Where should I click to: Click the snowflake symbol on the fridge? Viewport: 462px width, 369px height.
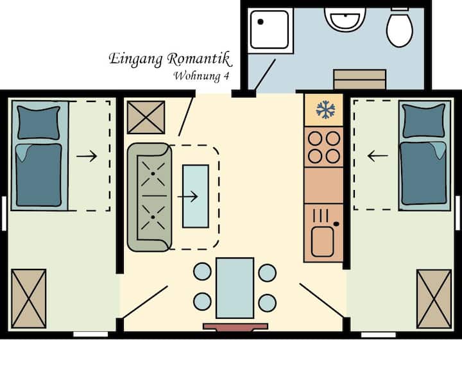[x=325, y=110]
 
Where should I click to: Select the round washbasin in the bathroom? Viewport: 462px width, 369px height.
[x=345, y=19]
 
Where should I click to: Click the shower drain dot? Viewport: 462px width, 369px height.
[x=261, y=22]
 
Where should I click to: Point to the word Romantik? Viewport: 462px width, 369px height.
[x=200, y=59]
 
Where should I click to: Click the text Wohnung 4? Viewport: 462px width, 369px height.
[x=201, y=76]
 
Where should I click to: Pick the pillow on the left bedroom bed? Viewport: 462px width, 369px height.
[x=38, y=123]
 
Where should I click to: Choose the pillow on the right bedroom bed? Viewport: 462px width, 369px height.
[x=424, y=121]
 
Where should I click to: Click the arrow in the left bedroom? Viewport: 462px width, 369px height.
[x=87, y=156]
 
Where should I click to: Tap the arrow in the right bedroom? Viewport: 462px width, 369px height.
[x=378, y=155]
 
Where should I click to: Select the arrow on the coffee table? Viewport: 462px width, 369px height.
[x=187, y=196]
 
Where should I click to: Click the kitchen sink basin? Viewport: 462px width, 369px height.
[x=322, y=242]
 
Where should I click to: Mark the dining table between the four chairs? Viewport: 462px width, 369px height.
[x=235, y=288]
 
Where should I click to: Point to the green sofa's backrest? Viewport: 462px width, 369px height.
[x=133, y=197]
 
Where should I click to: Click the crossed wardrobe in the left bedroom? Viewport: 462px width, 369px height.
[x=29, y=298]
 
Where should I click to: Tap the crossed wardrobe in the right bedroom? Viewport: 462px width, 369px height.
[x=434, y=299]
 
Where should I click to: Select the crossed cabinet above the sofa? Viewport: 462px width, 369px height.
[x=146, y=117]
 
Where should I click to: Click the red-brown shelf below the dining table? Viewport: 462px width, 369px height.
[x=235, y=327]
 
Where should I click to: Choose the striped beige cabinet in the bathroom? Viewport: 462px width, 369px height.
[x=360, y=80]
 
